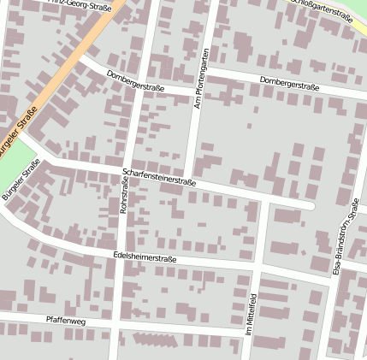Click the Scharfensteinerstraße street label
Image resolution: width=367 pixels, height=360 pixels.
coord(159,177)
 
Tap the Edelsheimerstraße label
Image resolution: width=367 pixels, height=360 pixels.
coord(145,257)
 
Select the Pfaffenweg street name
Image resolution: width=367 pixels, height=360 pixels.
coord(66,320)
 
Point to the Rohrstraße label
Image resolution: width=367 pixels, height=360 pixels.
coord(123,197)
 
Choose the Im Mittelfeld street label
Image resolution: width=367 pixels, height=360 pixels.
coord(252,313)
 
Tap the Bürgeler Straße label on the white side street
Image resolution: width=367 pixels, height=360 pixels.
coord(21,182)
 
